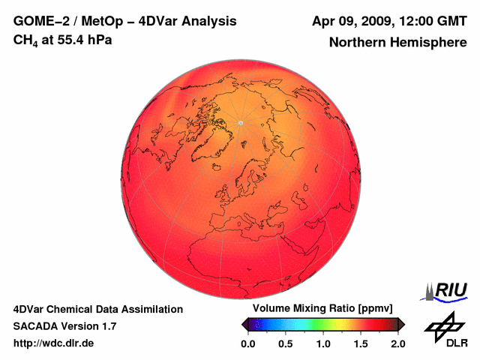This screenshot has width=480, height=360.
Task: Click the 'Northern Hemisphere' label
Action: [397, 42]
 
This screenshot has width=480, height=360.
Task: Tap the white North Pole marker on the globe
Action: [241, 122]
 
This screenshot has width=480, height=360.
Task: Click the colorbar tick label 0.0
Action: [248, 343]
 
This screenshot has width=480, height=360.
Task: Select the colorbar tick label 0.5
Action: [286, 343]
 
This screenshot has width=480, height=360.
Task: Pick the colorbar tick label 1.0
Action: [323, 343]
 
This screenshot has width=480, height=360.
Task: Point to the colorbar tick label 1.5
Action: [361, 343]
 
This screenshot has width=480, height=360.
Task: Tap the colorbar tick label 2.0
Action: [397, 343]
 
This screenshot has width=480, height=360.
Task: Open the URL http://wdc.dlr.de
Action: [53, 343]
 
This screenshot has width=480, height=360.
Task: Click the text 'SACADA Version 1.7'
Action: [64, 326]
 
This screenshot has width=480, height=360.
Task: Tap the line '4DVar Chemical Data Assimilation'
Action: [97, 309]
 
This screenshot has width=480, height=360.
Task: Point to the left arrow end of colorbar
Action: [245, 324]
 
